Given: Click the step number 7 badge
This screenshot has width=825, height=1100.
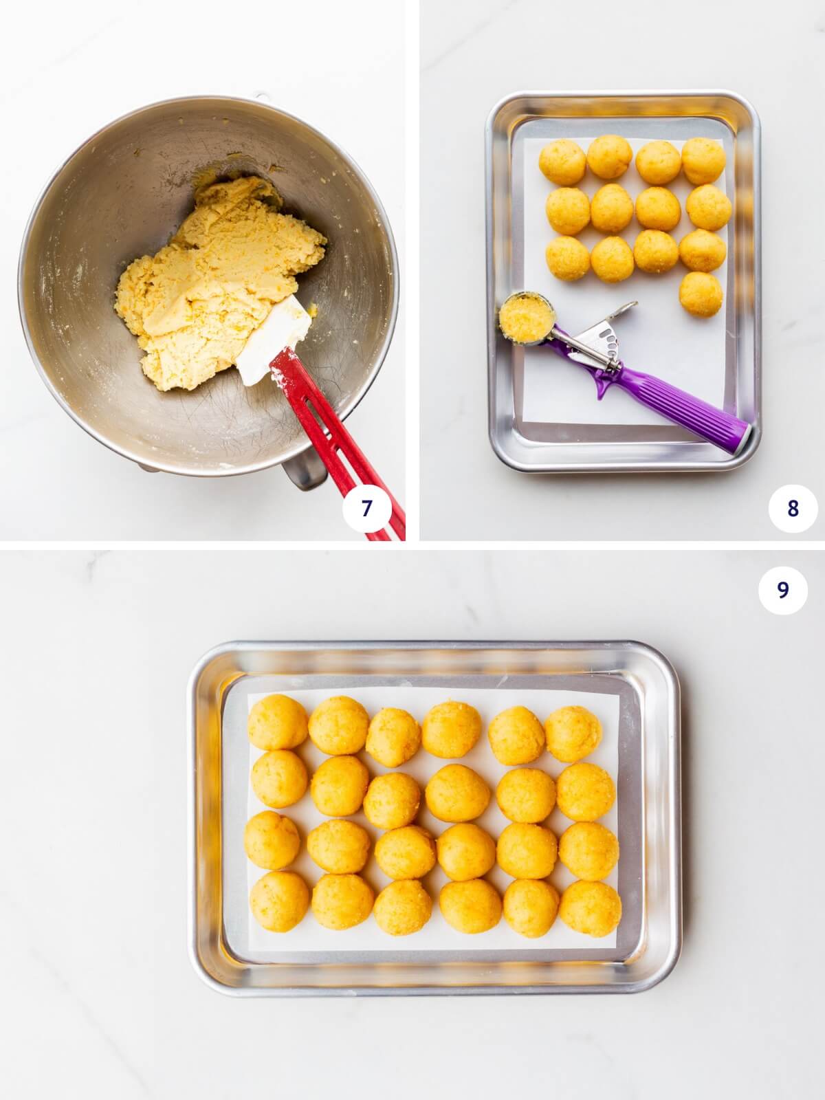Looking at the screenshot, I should point(366,508).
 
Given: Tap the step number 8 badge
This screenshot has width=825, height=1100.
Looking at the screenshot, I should point(793,508).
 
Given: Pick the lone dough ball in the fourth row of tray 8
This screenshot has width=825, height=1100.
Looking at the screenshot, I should point(700,294).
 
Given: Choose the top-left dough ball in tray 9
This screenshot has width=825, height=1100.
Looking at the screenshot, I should point(278,721).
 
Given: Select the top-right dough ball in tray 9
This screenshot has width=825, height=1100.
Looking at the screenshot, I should point(573,734).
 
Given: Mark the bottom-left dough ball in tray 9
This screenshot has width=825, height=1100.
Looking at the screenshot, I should point(279,901).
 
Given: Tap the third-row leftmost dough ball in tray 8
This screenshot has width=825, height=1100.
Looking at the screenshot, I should point(568,258).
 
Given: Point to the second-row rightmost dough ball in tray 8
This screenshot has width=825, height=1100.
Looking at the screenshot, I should point(708,207).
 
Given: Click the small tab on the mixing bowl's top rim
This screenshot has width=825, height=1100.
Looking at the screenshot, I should point(260,95).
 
